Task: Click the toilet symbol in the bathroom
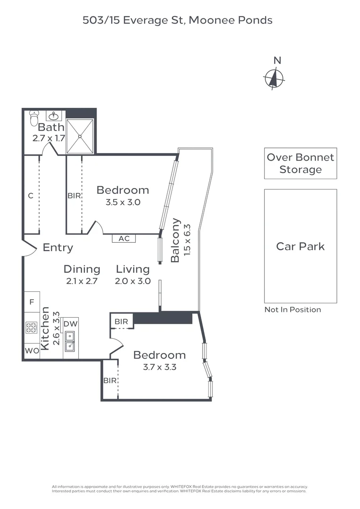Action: (x=33, y=118)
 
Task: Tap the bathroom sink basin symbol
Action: (x=55, y=115)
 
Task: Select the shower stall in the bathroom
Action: (x=80, y=136)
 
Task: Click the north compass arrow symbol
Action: (x=273, y=78)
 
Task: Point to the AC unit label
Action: (x=124, y=238)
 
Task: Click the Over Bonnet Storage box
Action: (x=300, y=164)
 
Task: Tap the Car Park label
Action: (x=300, y=246)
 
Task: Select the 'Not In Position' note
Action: (x=293, y=310)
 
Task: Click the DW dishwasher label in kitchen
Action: (x=71, y=324)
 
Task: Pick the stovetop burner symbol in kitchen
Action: (x=32, y=328)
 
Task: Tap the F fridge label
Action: (x=32, y=302)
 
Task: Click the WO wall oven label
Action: (x=32, y=351)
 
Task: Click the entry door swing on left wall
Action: (x=29, y=248)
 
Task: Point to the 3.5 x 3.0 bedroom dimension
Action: (x=123, y=203)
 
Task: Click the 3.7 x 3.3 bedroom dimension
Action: (x=159, y=367)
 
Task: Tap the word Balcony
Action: (x=175, y=240)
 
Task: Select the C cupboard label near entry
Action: (x=31, y=196)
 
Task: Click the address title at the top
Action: (x=178, y=20)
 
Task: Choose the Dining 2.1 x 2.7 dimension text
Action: (x=82, y=281)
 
